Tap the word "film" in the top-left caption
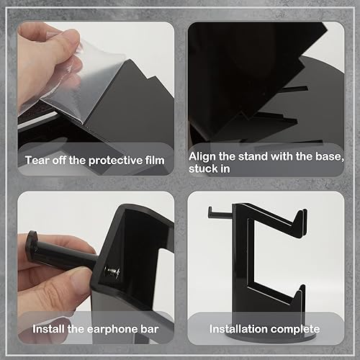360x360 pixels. tap(153, 160)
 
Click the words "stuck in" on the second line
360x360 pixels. tap(210, 170)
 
